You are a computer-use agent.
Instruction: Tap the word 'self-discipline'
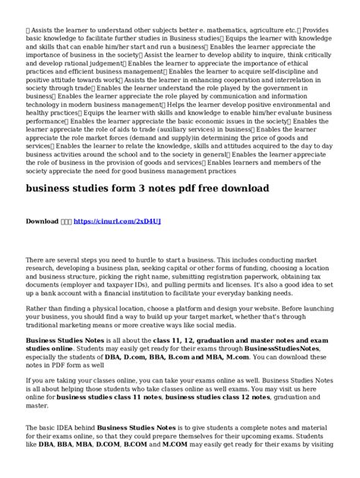286,76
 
